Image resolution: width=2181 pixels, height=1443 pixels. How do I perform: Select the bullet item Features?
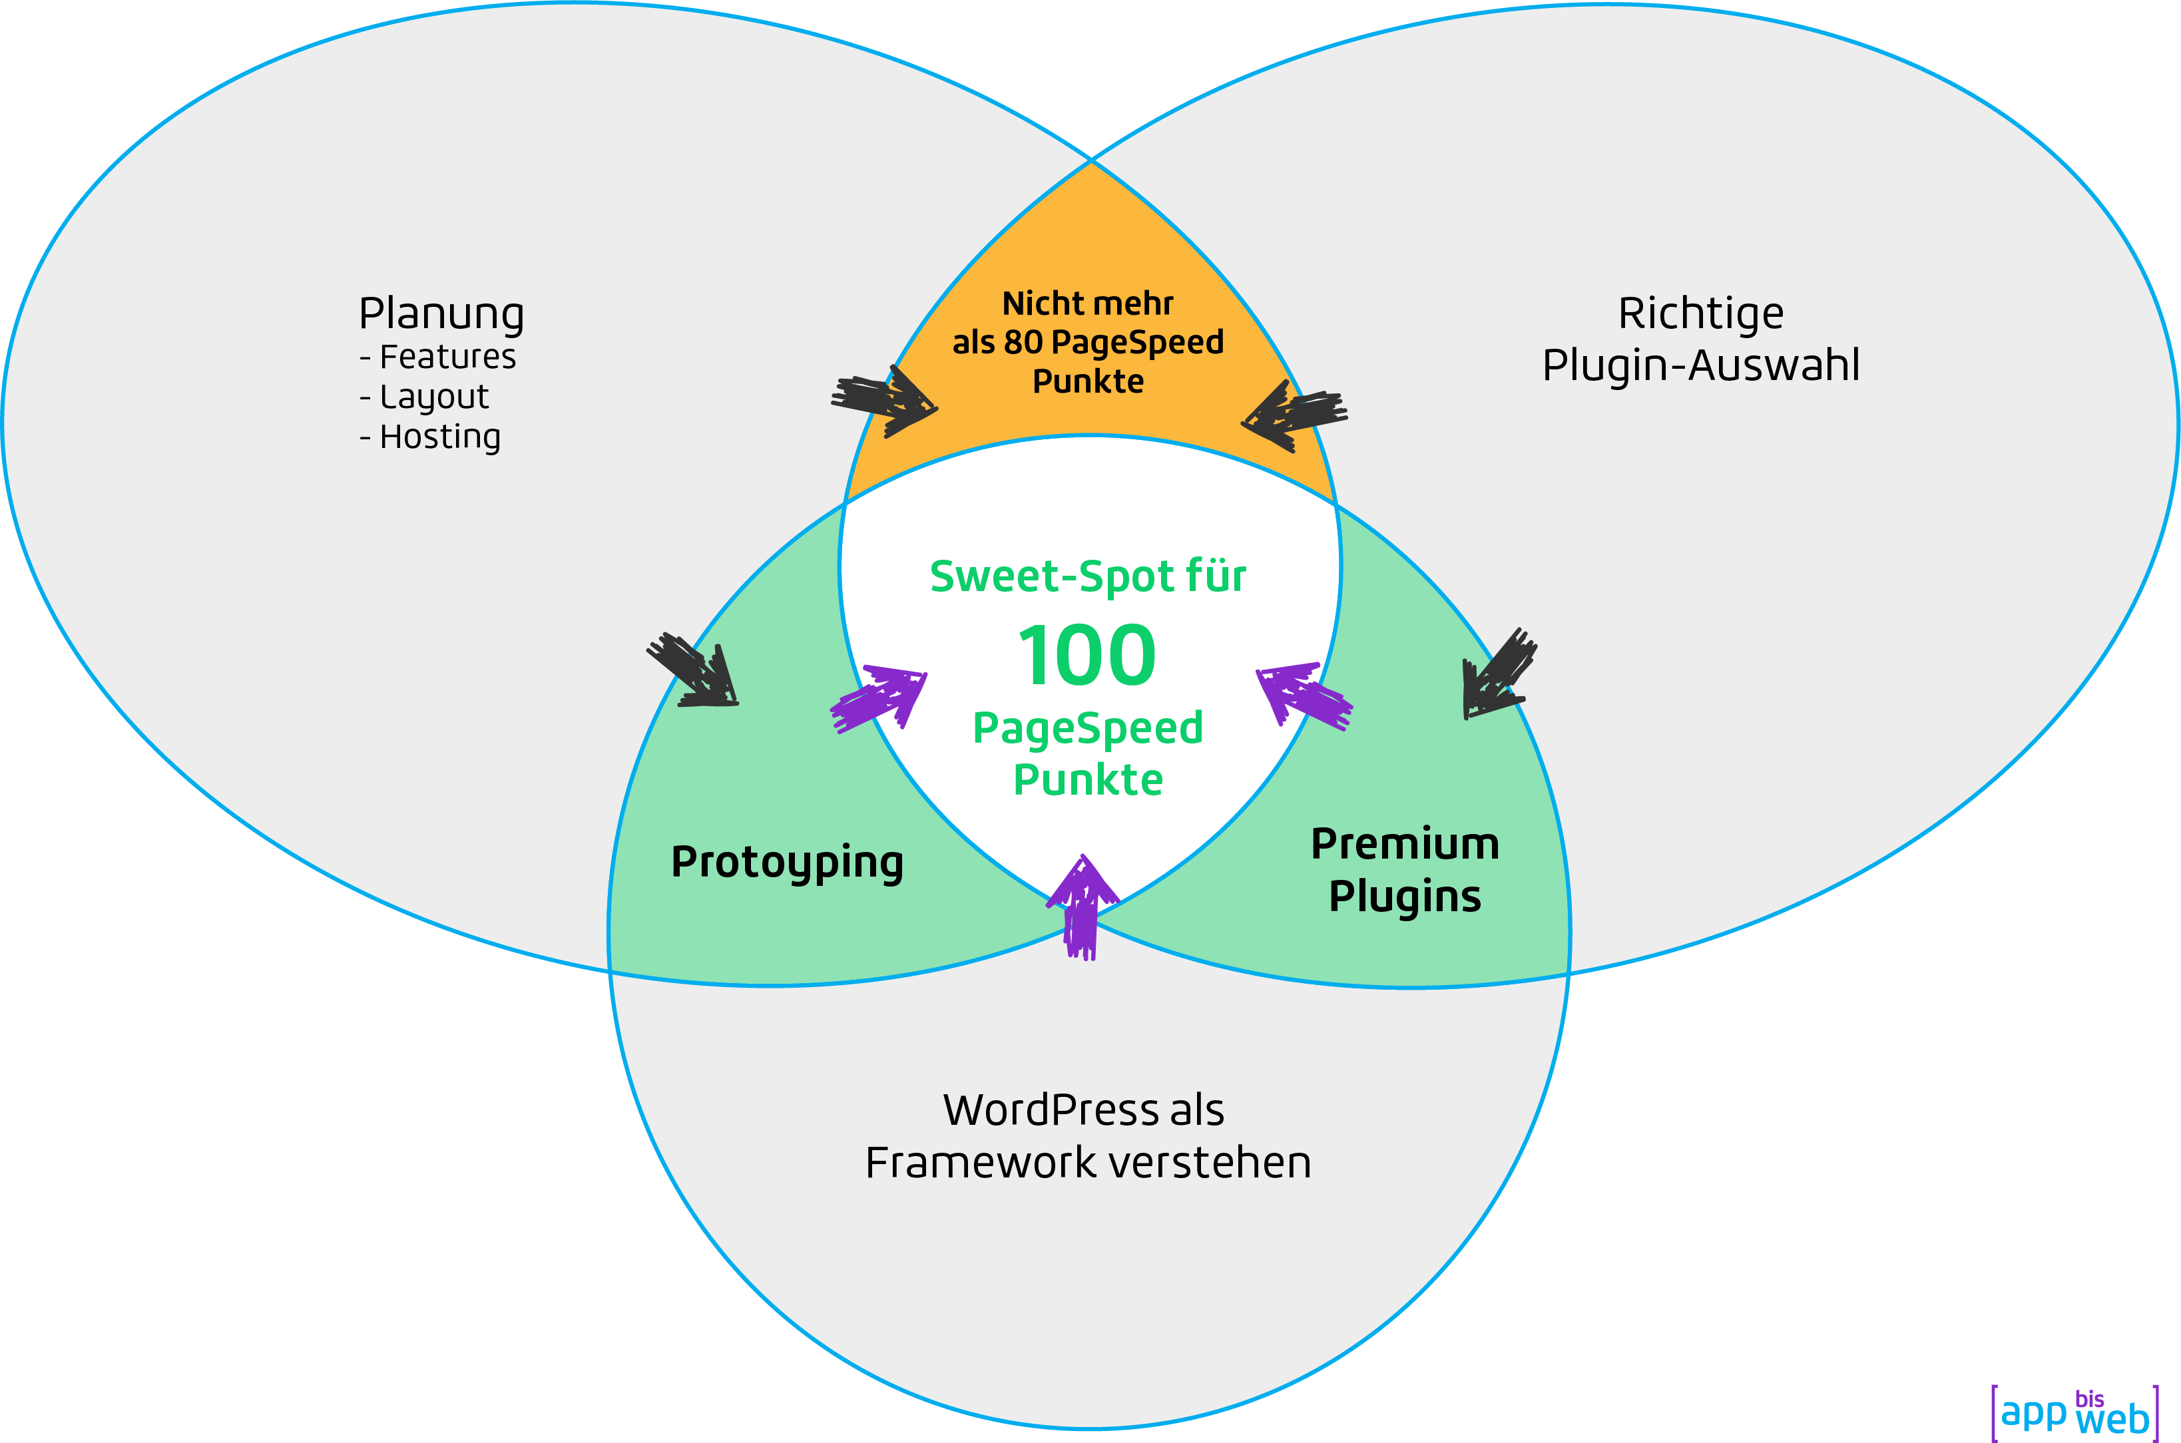point(447,357)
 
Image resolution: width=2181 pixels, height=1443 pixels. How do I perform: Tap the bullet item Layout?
point(433,397)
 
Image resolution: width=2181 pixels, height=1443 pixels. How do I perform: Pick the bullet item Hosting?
point(440,437)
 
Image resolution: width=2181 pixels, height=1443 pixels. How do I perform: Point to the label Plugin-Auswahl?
point(1700,365)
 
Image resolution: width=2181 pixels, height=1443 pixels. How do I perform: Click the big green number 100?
point(1087,655)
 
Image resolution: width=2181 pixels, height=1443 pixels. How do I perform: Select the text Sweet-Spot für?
point(1088,577)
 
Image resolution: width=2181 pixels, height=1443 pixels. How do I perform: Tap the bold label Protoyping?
point(787,863)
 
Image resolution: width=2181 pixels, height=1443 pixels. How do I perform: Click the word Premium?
point(1404,844)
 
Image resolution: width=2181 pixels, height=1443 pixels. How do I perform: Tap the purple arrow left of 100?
point(879,698)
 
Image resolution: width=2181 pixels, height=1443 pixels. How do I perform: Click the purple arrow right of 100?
point(1302,695)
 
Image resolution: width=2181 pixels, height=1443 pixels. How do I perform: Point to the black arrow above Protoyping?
point(696,672)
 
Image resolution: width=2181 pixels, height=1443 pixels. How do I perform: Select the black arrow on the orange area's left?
point(884,402)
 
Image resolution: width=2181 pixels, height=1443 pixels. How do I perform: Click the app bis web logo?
point(2074,1412)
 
